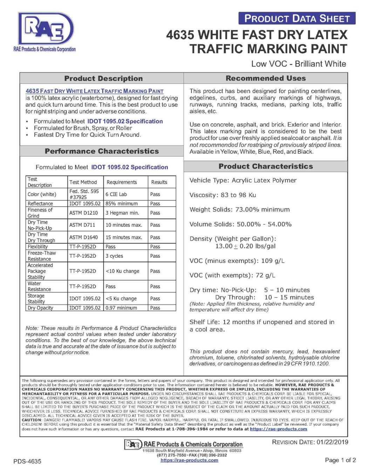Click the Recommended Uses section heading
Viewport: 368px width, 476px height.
coord(265,78)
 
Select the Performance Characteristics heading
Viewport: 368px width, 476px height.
coord(102,151)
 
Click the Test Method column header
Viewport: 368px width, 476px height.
coord(83,182)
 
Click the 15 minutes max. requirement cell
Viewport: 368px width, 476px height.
coord(124,237)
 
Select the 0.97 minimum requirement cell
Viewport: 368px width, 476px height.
coord(121,308)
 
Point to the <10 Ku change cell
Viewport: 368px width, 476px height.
coord(122,271)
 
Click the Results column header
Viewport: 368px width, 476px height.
coord(159,182)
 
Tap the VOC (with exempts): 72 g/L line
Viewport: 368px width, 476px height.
coord(232,275)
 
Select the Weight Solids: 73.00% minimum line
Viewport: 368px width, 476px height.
coord(239,209)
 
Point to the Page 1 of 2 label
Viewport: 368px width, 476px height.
coord(340,460)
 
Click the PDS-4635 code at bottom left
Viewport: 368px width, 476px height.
coord(27,461)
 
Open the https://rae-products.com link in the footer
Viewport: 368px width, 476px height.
coord(189,460)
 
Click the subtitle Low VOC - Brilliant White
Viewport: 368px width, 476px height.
coord(298,64)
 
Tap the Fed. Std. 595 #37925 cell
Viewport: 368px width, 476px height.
coord(84,194)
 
